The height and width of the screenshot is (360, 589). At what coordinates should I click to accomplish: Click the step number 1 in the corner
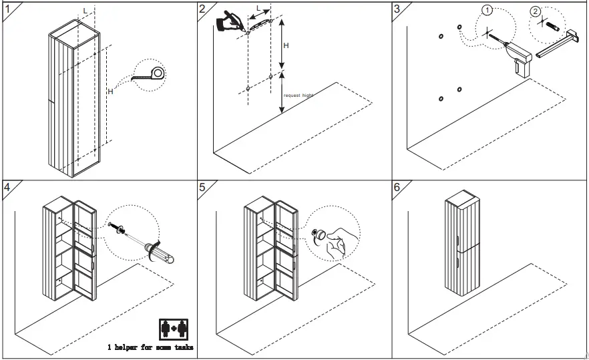point(7,9)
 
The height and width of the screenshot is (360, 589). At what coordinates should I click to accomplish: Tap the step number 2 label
point(203,9)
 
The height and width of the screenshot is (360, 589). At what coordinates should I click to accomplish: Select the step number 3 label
point(398,9)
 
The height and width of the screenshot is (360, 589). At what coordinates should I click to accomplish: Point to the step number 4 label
point(7,187)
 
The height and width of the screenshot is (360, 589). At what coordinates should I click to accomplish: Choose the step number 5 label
point(203,187)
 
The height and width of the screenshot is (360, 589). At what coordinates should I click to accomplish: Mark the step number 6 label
point(398,187)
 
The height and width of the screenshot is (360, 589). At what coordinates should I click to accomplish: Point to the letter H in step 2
point(286,45)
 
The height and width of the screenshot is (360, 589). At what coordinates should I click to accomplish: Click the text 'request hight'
point(299,96)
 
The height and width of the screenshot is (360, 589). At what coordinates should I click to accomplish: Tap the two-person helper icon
point(174,329)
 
